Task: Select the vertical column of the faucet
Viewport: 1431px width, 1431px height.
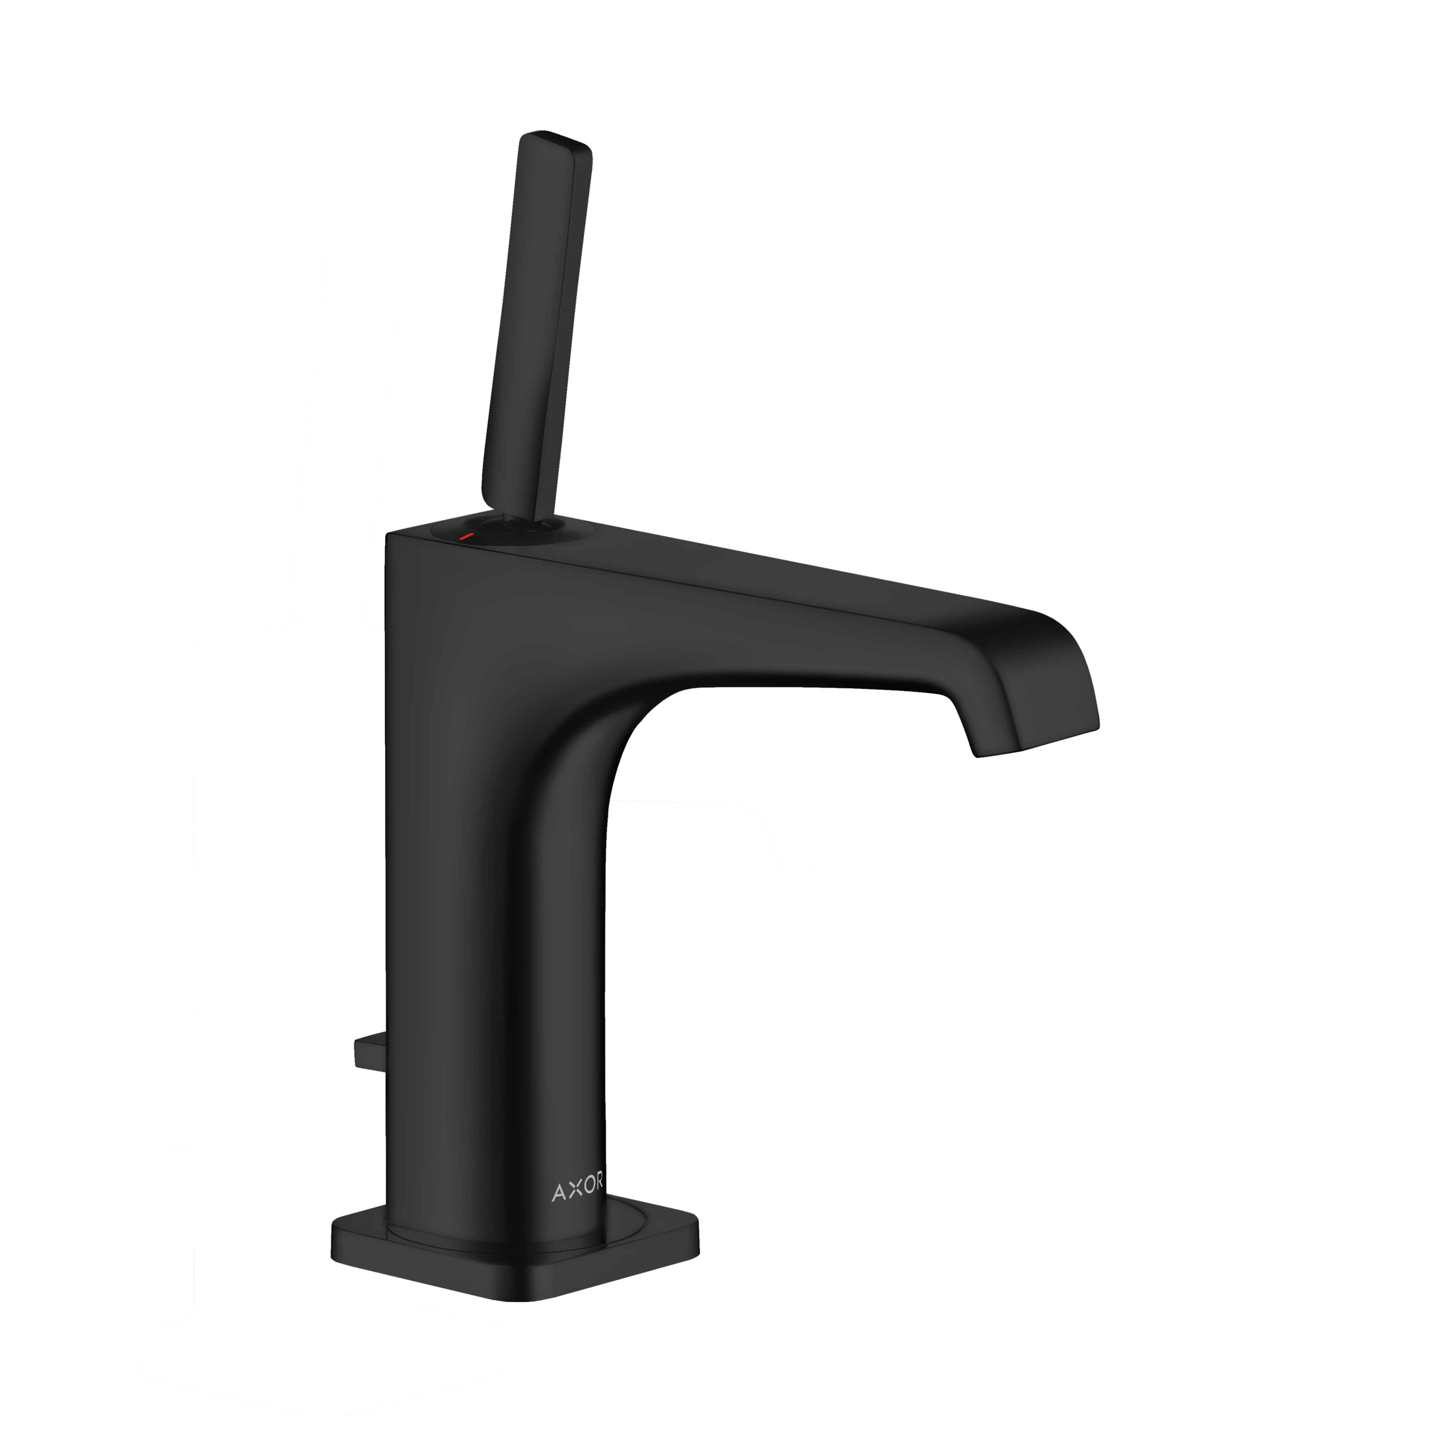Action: [x=489, y=926]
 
